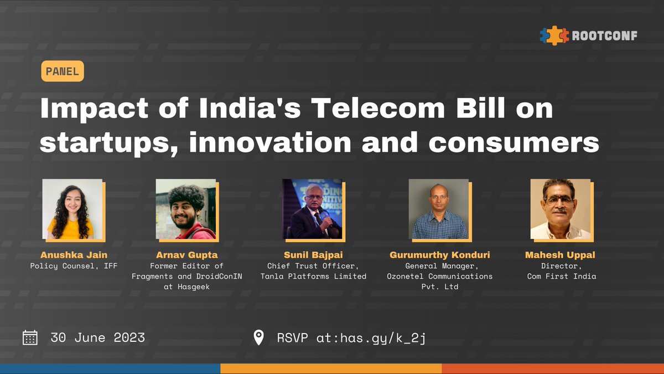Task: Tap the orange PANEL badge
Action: (x=63, y=71)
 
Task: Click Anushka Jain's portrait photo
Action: (x=72, y=209)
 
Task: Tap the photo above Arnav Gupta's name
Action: (x=186, y=209)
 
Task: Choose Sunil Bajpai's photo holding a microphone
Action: (x=312, y=209)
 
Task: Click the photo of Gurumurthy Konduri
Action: (x=439, y=209)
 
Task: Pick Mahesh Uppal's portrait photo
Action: (x=561, y=209)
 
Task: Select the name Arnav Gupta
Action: (x=187, y=255)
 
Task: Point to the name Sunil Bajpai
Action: (x=313, y=255)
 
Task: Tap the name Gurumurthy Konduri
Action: (x=439, y=255)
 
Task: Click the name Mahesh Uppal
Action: (x=561, y=255)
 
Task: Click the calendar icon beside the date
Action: (x=30, y=337)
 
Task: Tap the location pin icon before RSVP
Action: (x=258, y=337)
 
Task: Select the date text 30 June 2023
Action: (x=97, y=337)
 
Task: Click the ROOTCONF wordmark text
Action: (x=605, y=35)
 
